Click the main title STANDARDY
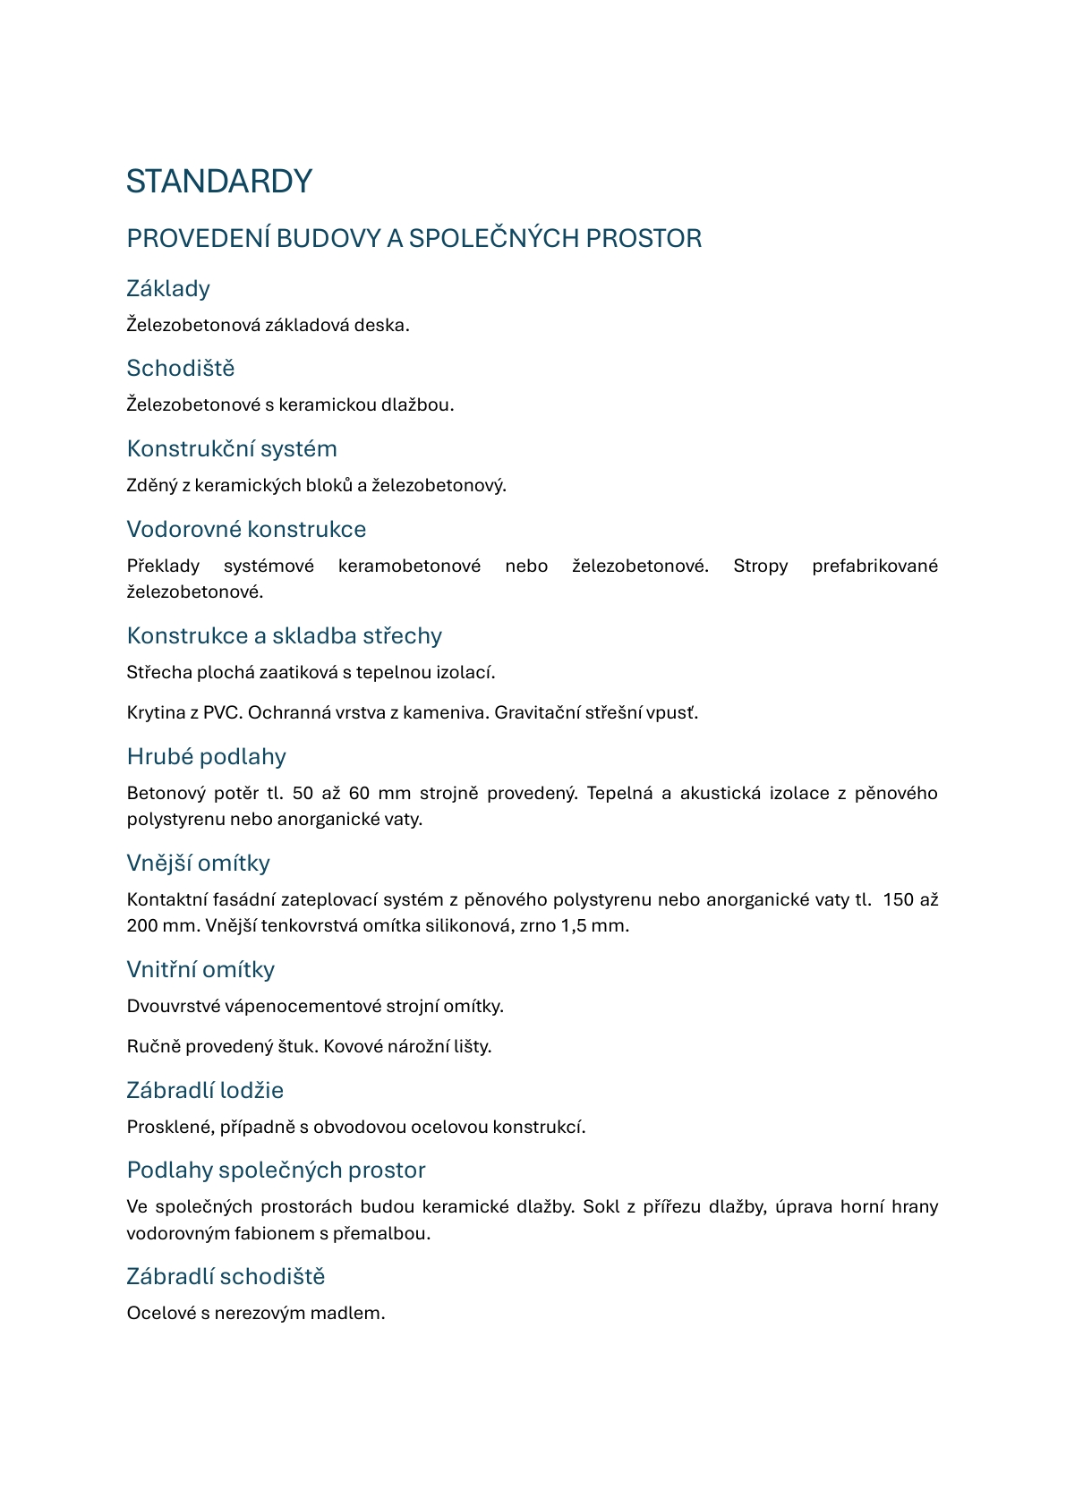point(218,182)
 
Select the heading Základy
point(168,288)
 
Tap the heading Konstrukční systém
point(232,448)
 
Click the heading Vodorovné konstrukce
point(246,529)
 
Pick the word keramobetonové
point(409,566)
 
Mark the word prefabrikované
point(874,566)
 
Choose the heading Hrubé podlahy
point(206,756)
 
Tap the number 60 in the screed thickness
point(359,794)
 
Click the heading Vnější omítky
point(198,863)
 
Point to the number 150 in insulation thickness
point(899,900)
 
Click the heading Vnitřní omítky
point(200,969)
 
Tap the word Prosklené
point(170,1127)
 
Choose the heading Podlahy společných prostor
point(276,1170)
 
